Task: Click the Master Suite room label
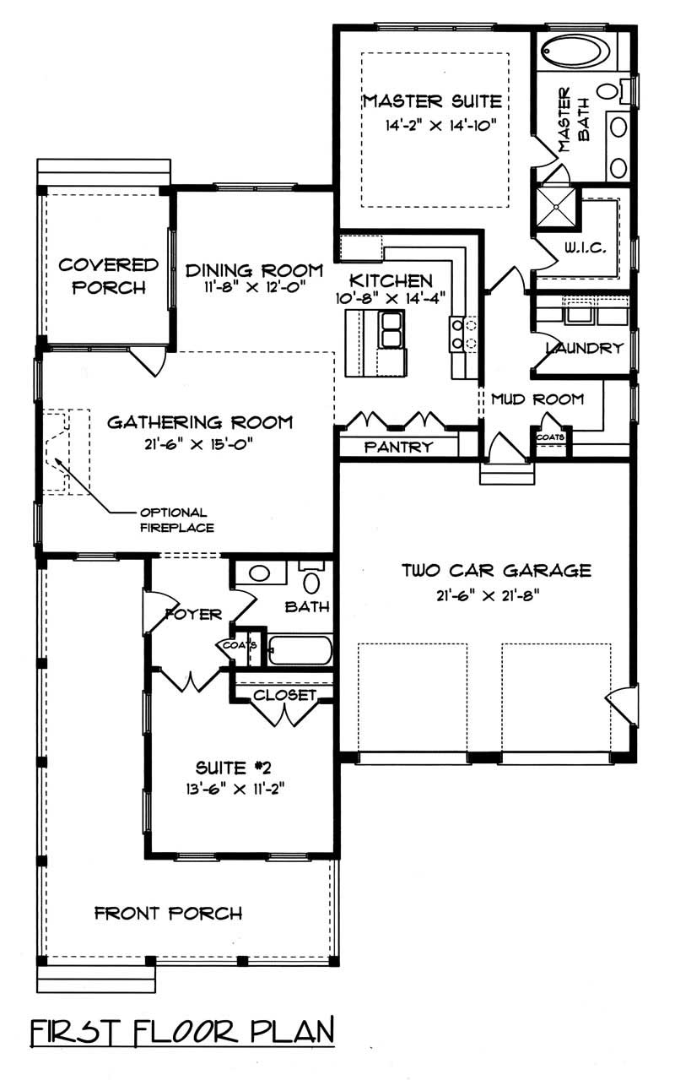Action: (431, 102)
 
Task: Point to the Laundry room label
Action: (584, 348)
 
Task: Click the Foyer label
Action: (193, 614)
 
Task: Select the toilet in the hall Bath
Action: (311, 582)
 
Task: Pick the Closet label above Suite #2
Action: (284, 696)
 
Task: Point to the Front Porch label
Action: (168, 913)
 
